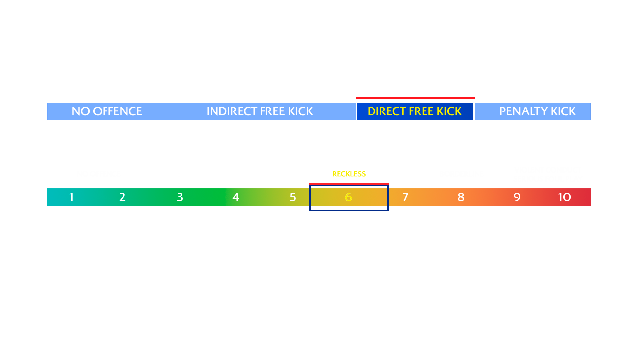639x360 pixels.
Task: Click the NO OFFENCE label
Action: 106,111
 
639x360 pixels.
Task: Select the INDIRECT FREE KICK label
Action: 260,111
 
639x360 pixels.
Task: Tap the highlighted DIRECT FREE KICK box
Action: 415,111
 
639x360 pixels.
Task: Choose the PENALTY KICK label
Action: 537,111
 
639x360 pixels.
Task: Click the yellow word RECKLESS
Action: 349,174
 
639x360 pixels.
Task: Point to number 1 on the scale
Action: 72,197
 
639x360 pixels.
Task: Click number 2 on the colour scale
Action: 122,197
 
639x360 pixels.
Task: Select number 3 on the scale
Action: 180,197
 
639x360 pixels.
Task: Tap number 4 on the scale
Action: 236,197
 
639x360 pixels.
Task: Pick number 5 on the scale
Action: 293,197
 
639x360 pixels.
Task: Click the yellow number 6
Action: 348,197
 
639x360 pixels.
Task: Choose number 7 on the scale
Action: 405,197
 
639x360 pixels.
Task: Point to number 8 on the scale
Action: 461,197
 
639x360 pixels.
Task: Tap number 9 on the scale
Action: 517,197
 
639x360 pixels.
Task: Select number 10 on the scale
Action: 564,197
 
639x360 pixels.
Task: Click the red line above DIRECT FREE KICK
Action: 416,98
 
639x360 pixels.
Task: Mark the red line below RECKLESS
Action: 349,184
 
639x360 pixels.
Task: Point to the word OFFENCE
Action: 117,111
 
